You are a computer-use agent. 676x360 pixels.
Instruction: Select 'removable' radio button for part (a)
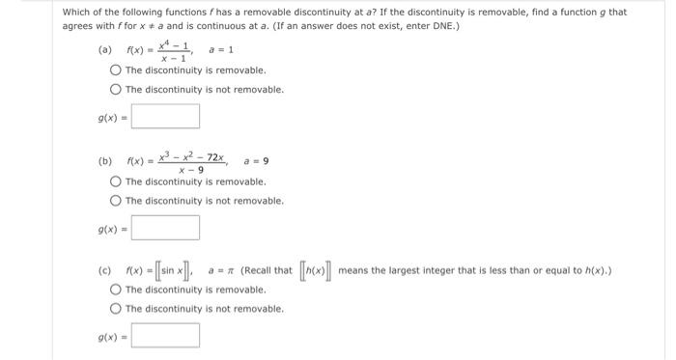(x=116, y=70)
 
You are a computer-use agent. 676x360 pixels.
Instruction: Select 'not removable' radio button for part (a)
(x=116, y=90)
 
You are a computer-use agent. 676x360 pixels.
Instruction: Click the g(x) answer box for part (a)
(x=166, y=116)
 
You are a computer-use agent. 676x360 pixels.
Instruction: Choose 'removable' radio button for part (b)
(x=116, y=181)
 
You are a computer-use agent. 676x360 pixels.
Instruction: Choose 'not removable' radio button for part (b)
(x=116, y=201)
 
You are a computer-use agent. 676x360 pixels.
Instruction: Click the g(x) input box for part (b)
(x=166, y=228)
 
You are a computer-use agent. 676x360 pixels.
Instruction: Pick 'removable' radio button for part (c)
(x=116, y=290)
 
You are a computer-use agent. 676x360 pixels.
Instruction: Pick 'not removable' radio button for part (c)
(x=116, y=309)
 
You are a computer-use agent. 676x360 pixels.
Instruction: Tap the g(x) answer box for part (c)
(x=166, y=336)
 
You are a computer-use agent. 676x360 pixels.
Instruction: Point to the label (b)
(x=104, y=161)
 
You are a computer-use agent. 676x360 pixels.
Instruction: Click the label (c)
(x=104, y=270)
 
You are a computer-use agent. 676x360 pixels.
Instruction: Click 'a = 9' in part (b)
(x=256, y=161)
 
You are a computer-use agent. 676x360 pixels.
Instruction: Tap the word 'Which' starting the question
(x=77, y=12)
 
